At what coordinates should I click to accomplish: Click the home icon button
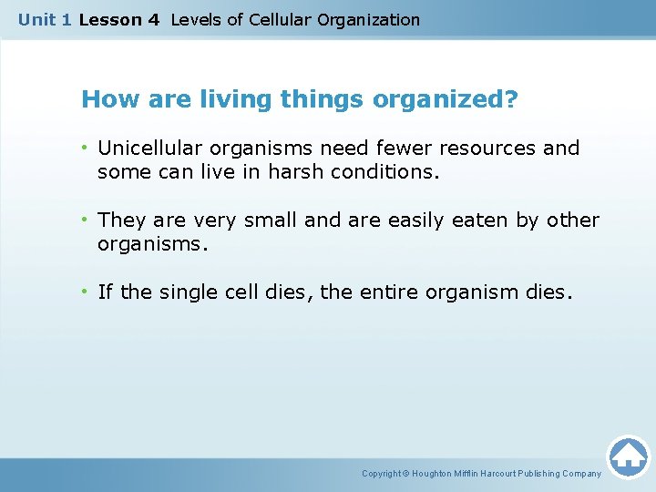click(628, 456)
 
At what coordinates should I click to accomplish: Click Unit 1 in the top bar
click(45, 19)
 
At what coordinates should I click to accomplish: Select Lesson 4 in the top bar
click(119, 19)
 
